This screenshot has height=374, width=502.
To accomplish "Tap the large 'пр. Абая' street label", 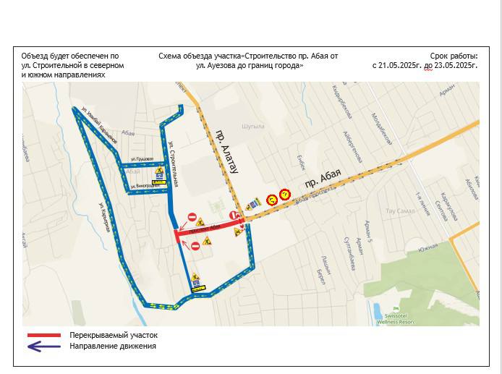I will point(323,178).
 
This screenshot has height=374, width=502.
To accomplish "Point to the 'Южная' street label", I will point(428,247).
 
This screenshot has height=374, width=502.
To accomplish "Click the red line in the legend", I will point(43,336).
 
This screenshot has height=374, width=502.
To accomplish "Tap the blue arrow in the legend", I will point(43,347).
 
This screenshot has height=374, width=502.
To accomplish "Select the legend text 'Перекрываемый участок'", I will point(114,336).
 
